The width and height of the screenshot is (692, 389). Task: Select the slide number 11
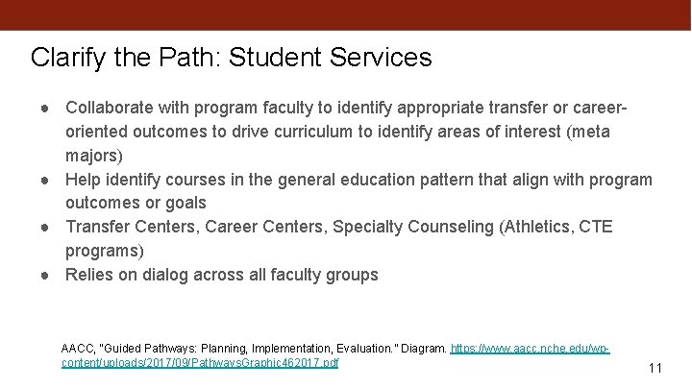[656, 368]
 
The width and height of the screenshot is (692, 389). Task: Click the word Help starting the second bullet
[84, 179]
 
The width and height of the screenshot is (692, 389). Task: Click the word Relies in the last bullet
[91, 275]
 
